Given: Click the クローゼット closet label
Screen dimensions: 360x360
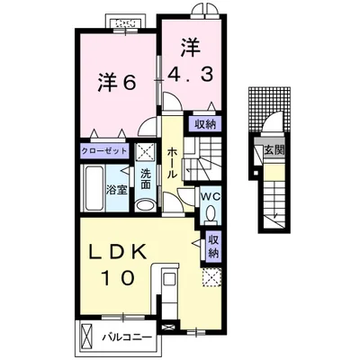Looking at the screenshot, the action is click(104, 150).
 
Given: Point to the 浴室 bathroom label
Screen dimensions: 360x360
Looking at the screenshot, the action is click(117, 190).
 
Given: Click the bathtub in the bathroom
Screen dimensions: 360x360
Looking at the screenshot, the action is click(94, 189).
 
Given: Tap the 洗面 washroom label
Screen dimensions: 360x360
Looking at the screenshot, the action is click(146, 179).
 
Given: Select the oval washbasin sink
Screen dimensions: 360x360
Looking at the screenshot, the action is click(145, 205).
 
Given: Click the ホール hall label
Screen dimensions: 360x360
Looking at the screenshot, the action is click(172, 162).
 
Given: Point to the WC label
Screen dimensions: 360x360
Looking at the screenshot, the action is click(211, 197).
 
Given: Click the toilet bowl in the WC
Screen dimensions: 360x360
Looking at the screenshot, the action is click(211, 212).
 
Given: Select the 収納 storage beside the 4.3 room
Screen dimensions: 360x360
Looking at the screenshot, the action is click(205, 124).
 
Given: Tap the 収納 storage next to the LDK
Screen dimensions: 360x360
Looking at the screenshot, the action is click(212, 247).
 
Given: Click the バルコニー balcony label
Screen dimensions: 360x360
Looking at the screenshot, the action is click(127, 337).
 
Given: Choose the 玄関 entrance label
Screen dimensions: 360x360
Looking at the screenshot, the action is click(274, 149).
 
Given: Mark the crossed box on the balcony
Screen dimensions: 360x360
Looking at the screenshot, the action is click(85, 336).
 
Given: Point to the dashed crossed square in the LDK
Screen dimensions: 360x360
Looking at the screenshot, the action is click(211, 278).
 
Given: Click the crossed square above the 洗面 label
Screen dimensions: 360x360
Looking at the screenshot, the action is click(145, 152).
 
